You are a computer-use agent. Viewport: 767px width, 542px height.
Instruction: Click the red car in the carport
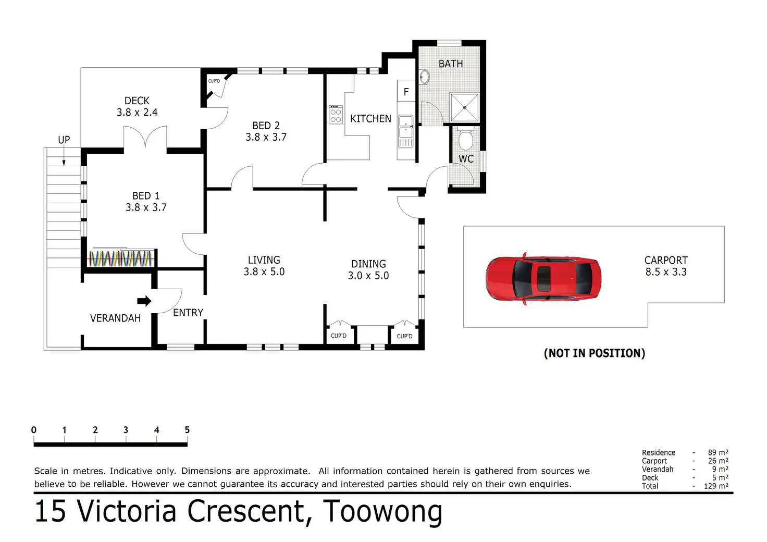tap(543, 279)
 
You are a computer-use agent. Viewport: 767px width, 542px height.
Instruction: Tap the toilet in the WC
tap(465, 138)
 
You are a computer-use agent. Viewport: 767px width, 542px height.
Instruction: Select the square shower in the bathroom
tap(464, 107)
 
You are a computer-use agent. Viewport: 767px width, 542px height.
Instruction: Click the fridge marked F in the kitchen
tap(406, 91)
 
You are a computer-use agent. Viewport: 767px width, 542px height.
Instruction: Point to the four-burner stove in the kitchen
tap(336, 115)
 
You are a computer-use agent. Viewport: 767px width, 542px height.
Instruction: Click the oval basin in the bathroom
tap(425, 77)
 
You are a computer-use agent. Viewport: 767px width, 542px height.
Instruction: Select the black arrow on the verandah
tap(144, 301)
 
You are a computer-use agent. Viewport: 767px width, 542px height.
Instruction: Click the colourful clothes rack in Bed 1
tap(120, 258)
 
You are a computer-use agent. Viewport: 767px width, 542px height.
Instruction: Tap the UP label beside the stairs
tap(64, 140)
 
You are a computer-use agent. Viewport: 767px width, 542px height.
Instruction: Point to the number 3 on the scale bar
tap(126, 430)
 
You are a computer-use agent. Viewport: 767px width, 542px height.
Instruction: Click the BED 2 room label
tap(266, 126)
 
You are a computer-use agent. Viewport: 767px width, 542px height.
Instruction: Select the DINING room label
tap(368, 264)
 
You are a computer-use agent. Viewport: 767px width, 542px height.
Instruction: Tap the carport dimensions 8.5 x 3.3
tap(666, 272)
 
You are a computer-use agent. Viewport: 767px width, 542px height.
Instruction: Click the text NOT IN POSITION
tap(595, 353)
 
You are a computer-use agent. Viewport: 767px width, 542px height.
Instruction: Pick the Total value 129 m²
tap(716, 486)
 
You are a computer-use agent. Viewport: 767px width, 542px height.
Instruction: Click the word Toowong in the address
tap(382, 511)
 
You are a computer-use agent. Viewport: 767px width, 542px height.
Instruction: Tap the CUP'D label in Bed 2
tap(214, 81)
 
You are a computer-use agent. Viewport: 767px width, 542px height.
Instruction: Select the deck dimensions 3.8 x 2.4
tap(137, 112)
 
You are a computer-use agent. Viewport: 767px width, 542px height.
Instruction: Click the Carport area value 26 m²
tap(718, 461)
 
